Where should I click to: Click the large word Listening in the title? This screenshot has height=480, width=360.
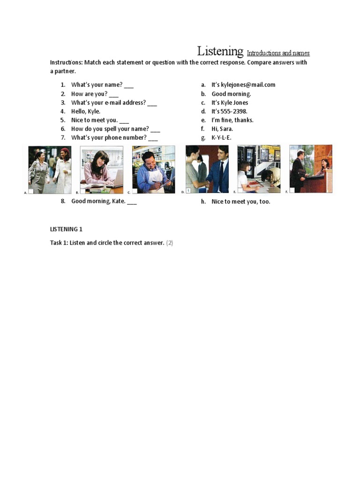point(220,51)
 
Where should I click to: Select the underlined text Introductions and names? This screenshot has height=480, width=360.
point(278,53)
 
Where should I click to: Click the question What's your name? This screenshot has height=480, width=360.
point(97,85)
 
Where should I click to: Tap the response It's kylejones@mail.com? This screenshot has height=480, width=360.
point(243,85)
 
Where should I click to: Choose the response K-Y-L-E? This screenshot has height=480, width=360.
point(221,138)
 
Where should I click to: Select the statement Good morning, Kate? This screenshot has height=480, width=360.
point(98,202)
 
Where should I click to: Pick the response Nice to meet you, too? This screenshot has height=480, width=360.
point(240,202)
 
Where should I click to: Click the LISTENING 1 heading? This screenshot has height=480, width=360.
point(66,229)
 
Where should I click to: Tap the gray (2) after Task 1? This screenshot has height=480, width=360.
point(170,243)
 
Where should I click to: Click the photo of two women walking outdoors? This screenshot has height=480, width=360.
point(50,169)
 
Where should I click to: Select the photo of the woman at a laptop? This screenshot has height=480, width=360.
point(102,169)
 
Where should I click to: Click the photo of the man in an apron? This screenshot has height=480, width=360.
point(153,169)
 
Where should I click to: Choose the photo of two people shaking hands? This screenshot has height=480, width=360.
point(207,169)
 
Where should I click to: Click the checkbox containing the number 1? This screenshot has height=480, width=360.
point(188,191)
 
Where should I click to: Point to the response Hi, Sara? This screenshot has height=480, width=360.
point(222,129)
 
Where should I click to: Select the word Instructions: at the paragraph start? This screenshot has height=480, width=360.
point(66,62)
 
